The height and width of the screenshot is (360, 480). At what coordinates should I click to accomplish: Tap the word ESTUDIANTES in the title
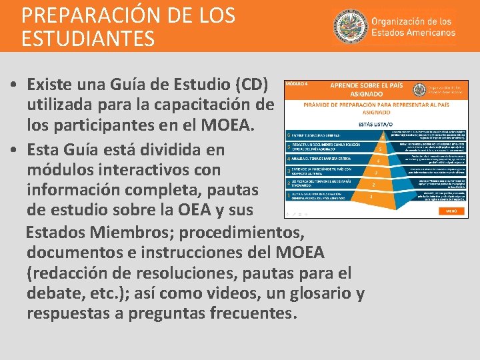pos(88,38)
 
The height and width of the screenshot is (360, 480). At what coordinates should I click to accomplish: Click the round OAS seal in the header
pos(348,26)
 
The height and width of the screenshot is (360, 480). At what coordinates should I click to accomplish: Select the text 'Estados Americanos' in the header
pos(413,32)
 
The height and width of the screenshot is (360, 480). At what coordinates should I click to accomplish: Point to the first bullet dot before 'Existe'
pos(14,86)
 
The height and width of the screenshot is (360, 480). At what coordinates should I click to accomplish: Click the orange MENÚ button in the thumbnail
pos(451,210)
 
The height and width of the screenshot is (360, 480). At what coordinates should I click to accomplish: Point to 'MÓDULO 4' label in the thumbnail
pos(297,85)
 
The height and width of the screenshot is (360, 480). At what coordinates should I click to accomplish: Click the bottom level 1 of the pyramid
pos(371,196)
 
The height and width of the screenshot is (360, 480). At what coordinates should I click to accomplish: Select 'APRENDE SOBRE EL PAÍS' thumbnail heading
pos(376,87)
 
